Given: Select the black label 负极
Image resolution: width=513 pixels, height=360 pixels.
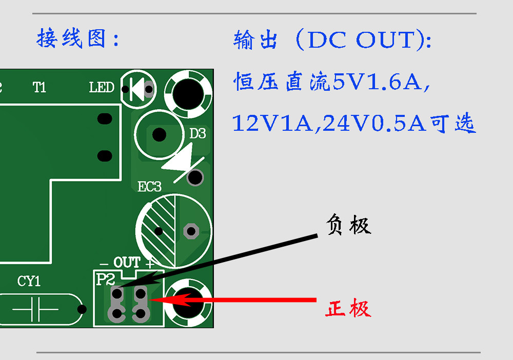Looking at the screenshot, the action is (349, 225).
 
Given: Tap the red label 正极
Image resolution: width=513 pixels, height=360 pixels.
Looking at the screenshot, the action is (348, 308).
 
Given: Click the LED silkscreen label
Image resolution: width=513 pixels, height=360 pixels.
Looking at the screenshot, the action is (102, 87).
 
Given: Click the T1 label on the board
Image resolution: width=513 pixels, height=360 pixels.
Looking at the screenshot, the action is (39, 87).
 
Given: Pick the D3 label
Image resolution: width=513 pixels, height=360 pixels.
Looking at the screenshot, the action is (198, 133).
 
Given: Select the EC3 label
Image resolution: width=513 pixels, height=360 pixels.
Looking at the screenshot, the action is (149, 187).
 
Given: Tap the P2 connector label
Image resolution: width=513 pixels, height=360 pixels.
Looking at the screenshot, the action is (105, 279).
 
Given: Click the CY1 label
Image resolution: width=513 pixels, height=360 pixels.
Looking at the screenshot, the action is (29, 281).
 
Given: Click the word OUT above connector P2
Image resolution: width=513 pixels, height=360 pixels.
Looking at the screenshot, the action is (127, 262).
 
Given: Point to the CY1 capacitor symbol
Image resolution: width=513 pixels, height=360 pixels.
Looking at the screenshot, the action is (35, 309).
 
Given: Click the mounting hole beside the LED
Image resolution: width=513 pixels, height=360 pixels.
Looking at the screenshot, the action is (188, 94).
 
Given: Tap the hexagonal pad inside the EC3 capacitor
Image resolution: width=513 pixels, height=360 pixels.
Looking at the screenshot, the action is (191, 231).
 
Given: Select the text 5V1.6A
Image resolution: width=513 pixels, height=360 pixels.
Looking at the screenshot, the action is (377, 82).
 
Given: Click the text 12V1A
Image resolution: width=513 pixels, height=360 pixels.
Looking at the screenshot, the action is (272, 124).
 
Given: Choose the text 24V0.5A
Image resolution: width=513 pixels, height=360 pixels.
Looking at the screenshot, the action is (374, 124).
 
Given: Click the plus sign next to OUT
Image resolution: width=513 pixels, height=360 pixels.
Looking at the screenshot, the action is (150, 263).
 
